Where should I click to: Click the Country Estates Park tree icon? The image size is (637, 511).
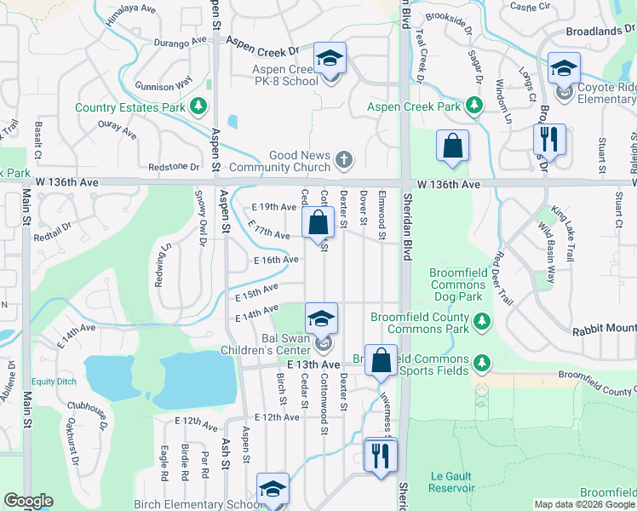point(198,106)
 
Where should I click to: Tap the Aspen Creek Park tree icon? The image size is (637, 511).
point(474,106)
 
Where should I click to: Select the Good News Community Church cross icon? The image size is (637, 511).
point(343,159)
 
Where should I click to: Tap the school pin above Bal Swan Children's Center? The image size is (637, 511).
point(322,319)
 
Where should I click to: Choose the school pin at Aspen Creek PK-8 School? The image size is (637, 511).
point(330,59)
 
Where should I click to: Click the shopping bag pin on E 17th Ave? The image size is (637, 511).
point(318,224)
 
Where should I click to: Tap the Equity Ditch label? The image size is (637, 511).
point(55,381)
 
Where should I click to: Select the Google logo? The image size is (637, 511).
point(28,501)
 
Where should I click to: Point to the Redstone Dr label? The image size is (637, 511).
point(173,167)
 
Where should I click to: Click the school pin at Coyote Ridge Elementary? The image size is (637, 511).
point(564,68)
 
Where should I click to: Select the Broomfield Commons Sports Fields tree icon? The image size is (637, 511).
point(481,364)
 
